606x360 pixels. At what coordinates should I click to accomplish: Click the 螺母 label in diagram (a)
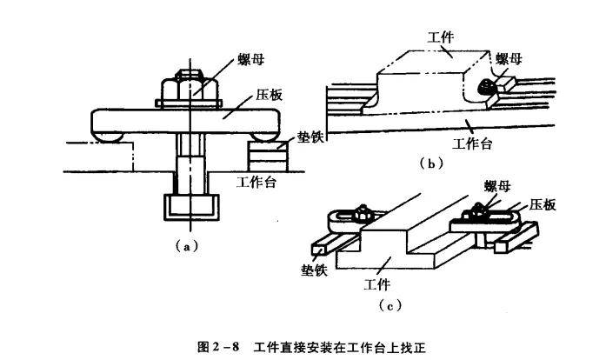click(252, 62)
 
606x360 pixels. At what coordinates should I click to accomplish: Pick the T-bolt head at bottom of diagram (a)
click(190, 207)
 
